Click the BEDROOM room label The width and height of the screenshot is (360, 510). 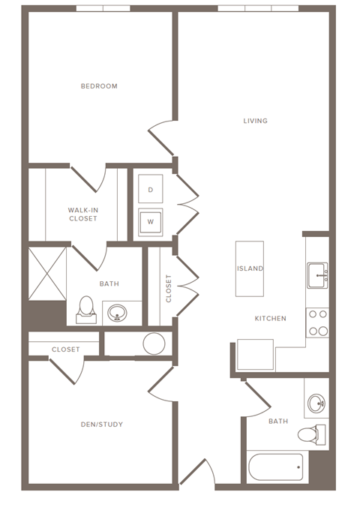(99, 86)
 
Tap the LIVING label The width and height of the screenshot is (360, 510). (255, 121)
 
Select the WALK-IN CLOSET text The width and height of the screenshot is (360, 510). (82, 214)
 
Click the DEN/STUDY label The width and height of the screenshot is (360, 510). (102, 424)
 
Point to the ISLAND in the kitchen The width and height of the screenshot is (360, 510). (250, 268)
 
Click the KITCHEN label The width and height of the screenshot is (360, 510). (270, 319)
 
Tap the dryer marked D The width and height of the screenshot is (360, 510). (150, 190)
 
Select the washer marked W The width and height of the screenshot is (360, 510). (150, 222)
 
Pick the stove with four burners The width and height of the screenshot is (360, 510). (318, 322)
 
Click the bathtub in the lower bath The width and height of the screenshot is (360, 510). (275, 466)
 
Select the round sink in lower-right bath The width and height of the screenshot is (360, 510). (316, 403)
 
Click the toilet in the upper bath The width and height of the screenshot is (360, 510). (87, 307)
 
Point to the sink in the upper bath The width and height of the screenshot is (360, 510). (116, 312)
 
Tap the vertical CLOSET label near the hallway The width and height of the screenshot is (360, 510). (169, 287)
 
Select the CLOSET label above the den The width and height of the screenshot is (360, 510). (66, 349)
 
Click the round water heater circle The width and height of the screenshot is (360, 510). (154, 343)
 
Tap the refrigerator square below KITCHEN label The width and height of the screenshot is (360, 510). (255, 354)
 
